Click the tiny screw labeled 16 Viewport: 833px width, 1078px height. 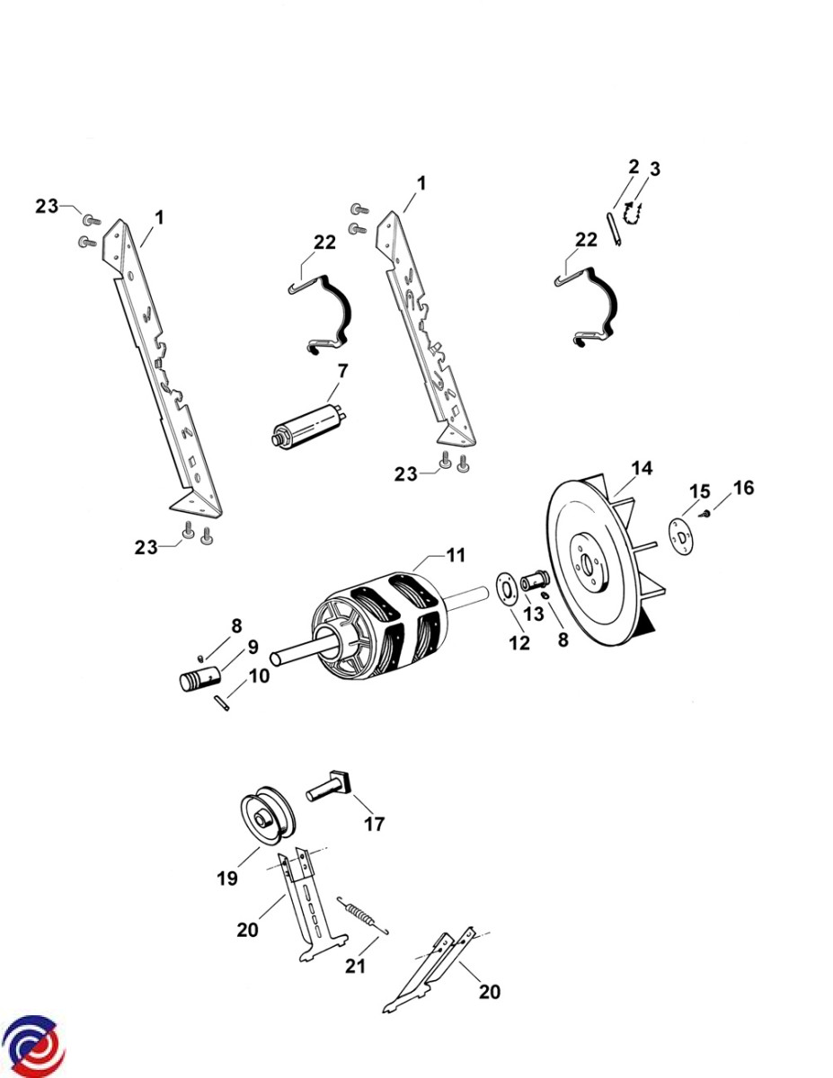point(707,513)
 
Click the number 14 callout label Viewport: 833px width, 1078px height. point(642,468)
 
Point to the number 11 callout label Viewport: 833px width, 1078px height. point(456,555)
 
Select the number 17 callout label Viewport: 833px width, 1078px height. point(374,823)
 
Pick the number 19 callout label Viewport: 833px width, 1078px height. point(226,878)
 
